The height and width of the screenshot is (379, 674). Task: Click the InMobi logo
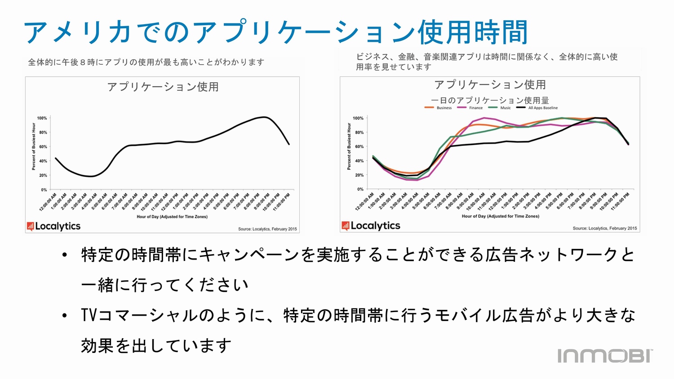tap(605, 356)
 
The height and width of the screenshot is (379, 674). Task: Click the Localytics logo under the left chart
tap(53, 226)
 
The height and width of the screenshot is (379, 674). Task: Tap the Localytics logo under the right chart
tap(371, 225)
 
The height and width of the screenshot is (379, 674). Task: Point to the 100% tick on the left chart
tap(42, 118)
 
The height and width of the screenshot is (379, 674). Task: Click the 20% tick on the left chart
tap(43, 176)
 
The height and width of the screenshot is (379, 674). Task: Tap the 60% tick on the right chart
tap(359, 146)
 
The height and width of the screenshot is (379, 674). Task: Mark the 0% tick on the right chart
tap(360, 189)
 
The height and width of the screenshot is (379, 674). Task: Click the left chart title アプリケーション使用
tap(163, 87)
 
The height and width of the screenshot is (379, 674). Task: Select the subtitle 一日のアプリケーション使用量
tap(490, 100)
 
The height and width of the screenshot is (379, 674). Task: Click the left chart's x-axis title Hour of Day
tap(172, 217)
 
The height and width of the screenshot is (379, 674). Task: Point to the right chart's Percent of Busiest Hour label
tap(349, 146)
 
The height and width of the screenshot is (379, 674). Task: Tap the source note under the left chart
tap(267, 229)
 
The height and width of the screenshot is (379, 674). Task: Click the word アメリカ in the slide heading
tap(77, 32)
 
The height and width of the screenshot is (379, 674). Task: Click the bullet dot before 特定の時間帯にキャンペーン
tap(65, 255)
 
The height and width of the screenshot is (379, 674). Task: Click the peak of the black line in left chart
tap(265, 117)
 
